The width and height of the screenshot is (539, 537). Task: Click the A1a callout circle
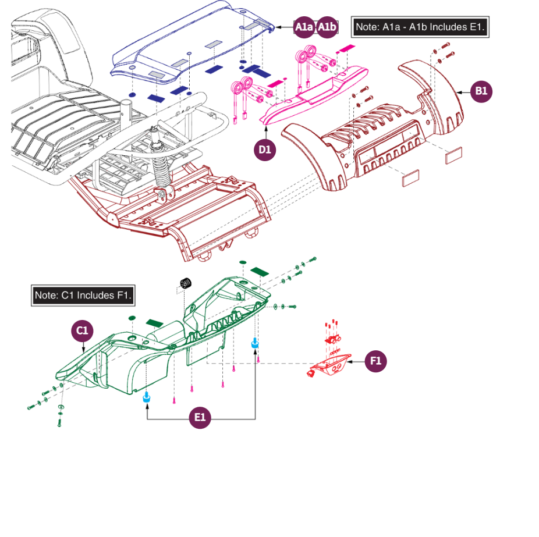[304, 27]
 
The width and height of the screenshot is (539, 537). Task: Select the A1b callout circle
[327, 27]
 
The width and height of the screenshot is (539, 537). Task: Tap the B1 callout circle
[481, 91]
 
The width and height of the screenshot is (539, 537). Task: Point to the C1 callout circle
[82, 331]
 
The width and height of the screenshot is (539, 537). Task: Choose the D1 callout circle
[265, 150]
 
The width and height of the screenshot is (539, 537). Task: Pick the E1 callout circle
[200, 417]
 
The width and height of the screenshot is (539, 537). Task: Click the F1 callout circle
[375, 361]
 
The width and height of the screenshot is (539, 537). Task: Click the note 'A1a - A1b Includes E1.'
[420, 27]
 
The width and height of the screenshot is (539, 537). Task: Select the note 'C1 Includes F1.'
[83, 296]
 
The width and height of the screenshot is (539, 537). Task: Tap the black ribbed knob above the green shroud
[186, 283]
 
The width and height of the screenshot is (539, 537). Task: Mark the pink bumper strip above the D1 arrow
[314, 95]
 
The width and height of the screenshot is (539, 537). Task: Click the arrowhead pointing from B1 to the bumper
[459, 92]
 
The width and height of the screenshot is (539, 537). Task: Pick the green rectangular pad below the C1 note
[154, 323]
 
